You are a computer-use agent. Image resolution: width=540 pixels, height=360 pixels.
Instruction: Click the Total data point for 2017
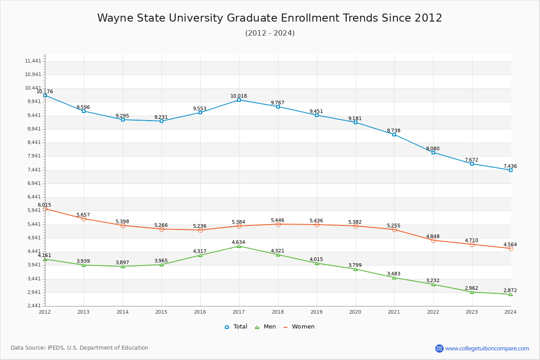[x=239, y=100]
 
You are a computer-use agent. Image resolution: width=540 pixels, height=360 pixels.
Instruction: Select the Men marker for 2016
[x=200, y=255]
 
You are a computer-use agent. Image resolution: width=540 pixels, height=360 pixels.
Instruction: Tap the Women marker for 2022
[x=433, y=240]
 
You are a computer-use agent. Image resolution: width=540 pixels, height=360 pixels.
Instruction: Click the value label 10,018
[x=238, y=96]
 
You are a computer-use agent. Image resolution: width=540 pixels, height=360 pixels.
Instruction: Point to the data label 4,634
[x=238, y=242]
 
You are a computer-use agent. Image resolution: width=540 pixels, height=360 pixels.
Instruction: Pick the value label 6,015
[x=45, y=205]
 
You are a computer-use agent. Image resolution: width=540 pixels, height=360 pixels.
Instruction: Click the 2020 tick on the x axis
[x=355, y=311]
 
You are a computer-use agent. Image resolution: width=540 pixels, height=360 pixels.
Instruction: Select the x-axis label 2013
[x=83, y=311]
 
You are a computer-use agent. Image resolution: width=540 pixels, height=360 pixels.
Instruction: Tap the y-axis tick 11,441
[x=33, y=61]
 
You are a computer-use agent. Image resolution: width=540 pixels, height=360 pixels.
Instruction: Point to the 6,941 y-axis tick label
[x=33, y=183]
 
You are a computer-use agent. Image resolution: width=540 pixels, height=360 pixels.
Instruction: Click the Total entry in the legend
[x=236, y=327]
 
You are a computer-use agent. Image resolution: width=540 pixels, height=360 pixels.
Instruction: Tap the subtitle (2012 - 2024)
[x=270, y=33]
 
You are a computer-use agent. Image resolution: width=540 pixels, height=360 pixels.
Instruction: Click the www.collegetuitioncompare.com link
[x=487, y=348]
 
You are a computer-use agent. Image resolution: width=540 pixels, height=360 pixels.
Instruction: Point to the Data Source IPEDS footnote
[x=80, y=348]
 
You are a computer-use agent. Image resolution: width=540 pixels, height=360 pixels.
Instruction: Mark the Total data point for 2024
[x=511, y=170]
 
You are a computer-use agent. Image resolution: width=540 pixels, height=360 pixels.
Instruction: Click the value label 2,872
[x=510, y=290]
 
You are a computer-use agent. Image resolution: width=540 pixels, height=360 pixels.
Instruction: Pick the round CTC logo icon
[x=439, y=348]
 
